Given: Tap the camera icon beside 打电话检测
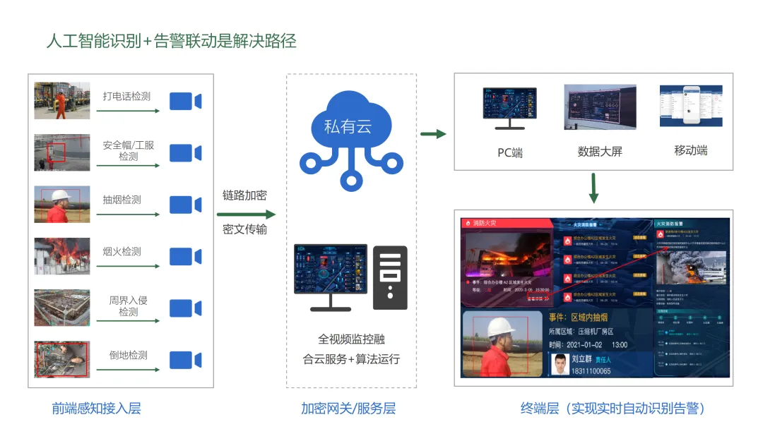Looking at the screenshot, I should point(185,102).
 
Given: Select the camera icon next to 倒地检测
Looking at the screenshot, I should point(185,360).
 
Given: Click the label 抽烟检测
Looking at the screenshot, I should point(122,200).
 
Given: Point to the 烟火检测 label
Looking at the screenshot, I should point(122,251).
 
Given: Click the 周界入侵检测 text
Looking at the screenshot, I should point(128,306).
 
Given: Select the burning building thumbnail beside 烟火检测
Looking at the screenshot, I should point(62,255).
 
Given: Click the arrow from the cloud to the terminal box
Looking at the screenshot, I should point(433,133).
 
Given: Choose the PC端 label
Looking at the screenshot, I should point(509,152).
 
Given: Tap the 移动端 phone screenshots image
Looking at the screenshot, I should point(690,107).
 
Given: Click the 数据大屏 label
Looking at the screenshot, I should point(600,152).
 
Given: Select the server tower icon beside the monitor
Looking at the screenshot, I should point(390,277).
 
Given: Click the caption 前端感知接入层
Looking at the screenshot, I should point(96,408).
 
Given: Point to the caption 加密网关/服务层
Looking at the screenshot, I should point(348,408).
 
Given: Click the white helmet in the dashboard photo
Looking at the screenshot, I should point(501,326).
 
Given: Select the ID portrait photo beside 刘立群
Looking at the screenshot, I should point(560,363).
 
